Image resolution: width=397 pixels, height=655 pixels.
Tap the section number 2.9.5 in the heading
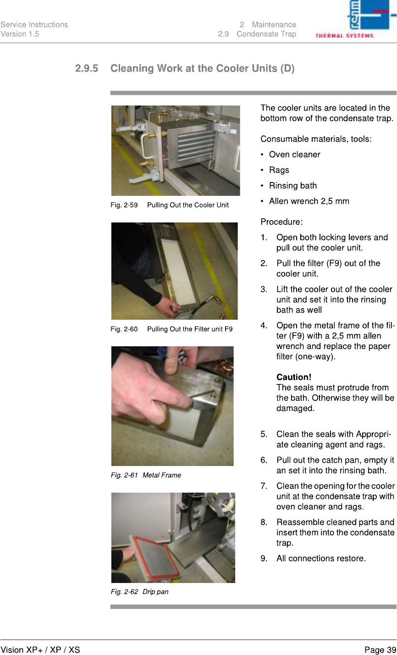[87, 68]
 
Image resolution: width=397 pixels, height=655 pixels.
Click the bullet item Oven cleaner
[294, 155]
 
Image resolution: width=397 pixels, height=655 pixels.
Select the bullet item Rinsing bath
[293, 185]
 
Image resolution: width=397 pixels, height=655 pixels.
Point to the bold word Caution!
[294, 377]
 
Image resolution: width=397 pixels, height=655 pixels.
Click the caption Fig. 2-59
[124, 205]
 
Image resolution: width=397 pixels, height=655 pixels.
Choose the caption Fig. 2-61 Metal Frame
[146, 475]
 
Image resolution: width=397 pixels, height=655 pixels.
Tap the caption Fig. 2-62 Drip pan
[139, 592]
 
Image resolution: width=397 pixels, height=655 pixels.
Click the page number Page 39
[380, 650]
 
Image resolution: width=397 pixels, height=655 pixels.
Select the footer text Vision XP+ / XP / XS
[40, 650]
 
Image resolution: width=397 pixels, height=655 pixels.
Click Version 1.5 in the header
[20, 34]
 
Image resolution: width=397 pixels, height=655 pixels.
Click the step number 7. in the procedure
[264, 486]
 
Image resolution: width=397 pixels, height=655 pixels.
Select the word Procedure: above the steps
[281, 222]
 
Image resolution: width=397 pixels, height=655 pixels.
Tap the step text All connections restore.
[321, 558]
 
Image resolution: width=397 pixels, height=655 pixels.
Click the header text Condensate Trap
[266, 34]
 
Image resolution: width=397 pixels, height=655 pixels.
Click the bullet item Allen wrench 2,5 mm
[309, 201]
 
